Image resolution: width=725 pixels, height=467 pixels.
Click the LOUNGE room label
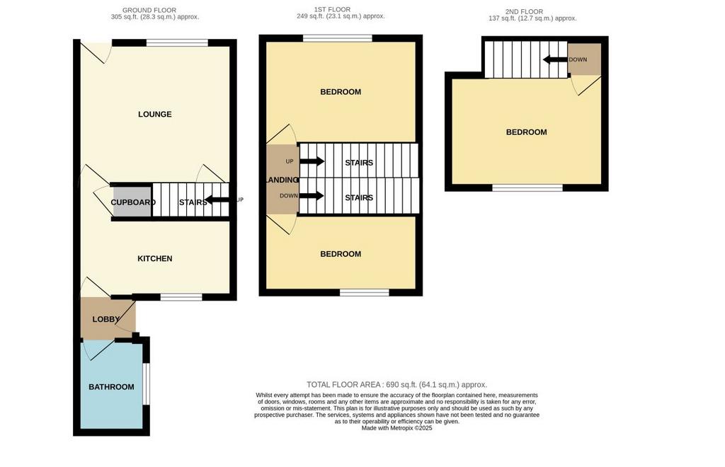click(155, 114)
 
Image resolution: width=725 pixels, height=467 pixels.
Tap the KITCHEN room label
click(155, 259)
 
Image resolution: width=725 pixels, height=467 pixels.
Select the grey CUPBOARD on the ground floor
click(132, 202)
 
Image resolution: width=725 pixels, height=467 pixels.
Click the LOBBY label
click(106, 319)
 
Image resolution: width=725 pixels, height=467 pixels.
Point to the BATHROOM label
click(111, 387)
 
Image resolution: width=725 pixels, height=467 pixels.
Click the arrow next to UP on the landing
click(312, 161)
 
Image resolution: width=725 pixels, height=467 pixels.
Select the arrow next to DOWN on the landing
click(312, 196)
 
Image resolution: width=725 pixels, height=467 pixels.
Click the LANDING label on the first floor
click(282, 180)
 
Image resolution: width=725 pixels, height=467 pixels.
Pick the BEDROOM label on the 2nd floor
click(527, 132)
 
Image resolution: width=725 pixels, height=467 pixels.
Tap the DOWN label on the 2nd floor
click(578, 59)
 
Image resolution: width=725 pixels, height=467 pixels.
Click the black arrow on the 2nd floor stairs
click(555, 59)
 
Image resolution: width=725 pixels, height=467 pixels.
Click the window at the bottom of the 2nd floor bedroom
click(527, 188)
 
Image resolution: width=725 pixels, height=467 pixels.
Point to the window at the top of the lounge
click(177, 43)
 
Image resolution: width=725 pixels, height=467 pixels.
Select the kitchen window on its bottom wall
click(181, 296)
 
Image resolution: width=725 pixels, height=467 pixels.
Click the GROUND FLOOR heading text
click(149, 10)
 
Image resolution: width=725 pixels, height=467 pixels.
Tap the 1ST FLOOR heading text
click(333, 9)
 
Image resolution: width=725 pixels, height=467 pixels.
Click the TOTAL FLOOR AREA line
click(396, 384)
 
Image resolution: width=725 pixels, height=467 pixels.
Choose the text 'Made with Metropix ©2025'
click(396, 428)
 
